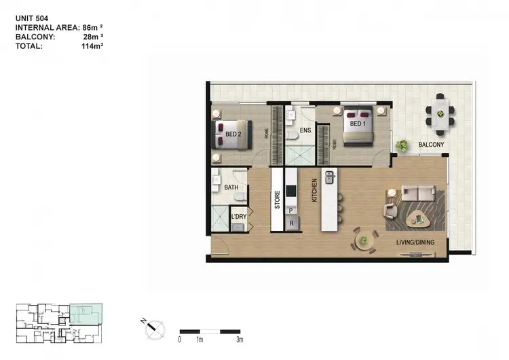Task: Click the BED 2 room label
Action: pyautogui.click(x=233, y=134)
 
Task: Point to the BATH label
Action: pyautogui.click(x=231, y=187)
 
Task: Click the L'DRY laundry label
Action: pyautogui.click(x=238, y=217)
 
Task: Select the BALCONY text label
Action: pyautogui.click(x=432, y=145)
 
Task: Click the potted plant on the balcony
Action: pyautogui.click(x=402, y=145)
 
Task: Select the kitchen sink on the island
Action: pyautogui.click(x=331, y=178)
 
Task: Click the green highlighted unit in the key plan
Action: pyautogui.click(x=86, y=314)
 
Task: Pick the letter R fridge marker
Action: pyautogui.click(x=291, y=223)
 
